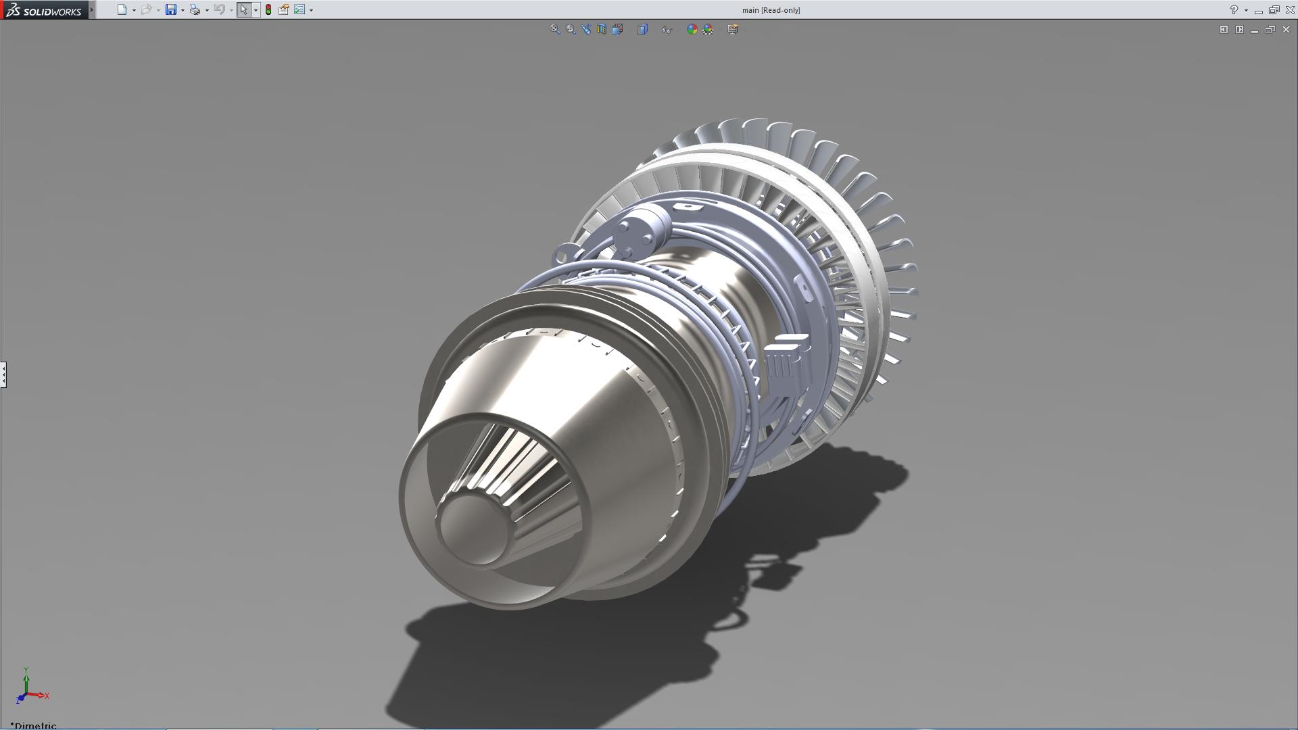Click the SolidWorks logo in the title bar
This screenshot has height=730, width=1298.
pyautogui.click(x=45, y=10)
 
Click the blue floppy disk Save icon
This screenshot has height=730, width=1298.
pyautogui.click(x=171, y=9)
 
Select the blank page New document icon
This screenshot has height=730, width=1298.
pyautogui.click(x=122, y=9)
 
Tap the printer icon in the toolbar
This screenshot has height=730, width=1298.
pyautogui.click(x=195, y=9)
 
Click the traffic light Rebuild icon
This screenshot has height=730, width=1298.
pyautogui.click(x=268, y=9)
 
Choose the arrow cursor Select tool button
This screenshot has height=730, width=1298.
pyautogui.click(x=244, y=9)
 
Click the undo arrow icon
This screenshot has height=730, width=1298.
pyautogui.click(x=219, y=9)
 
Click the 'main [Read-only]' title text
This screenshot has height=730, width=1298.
pyautogui.click(x=771, y=10)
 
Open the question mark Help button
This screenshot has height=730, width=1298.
pyautogui.click(x=1234, y=10)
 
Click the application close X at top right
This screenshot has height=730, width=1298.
pyautogui.click(x=1290, y=10)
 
